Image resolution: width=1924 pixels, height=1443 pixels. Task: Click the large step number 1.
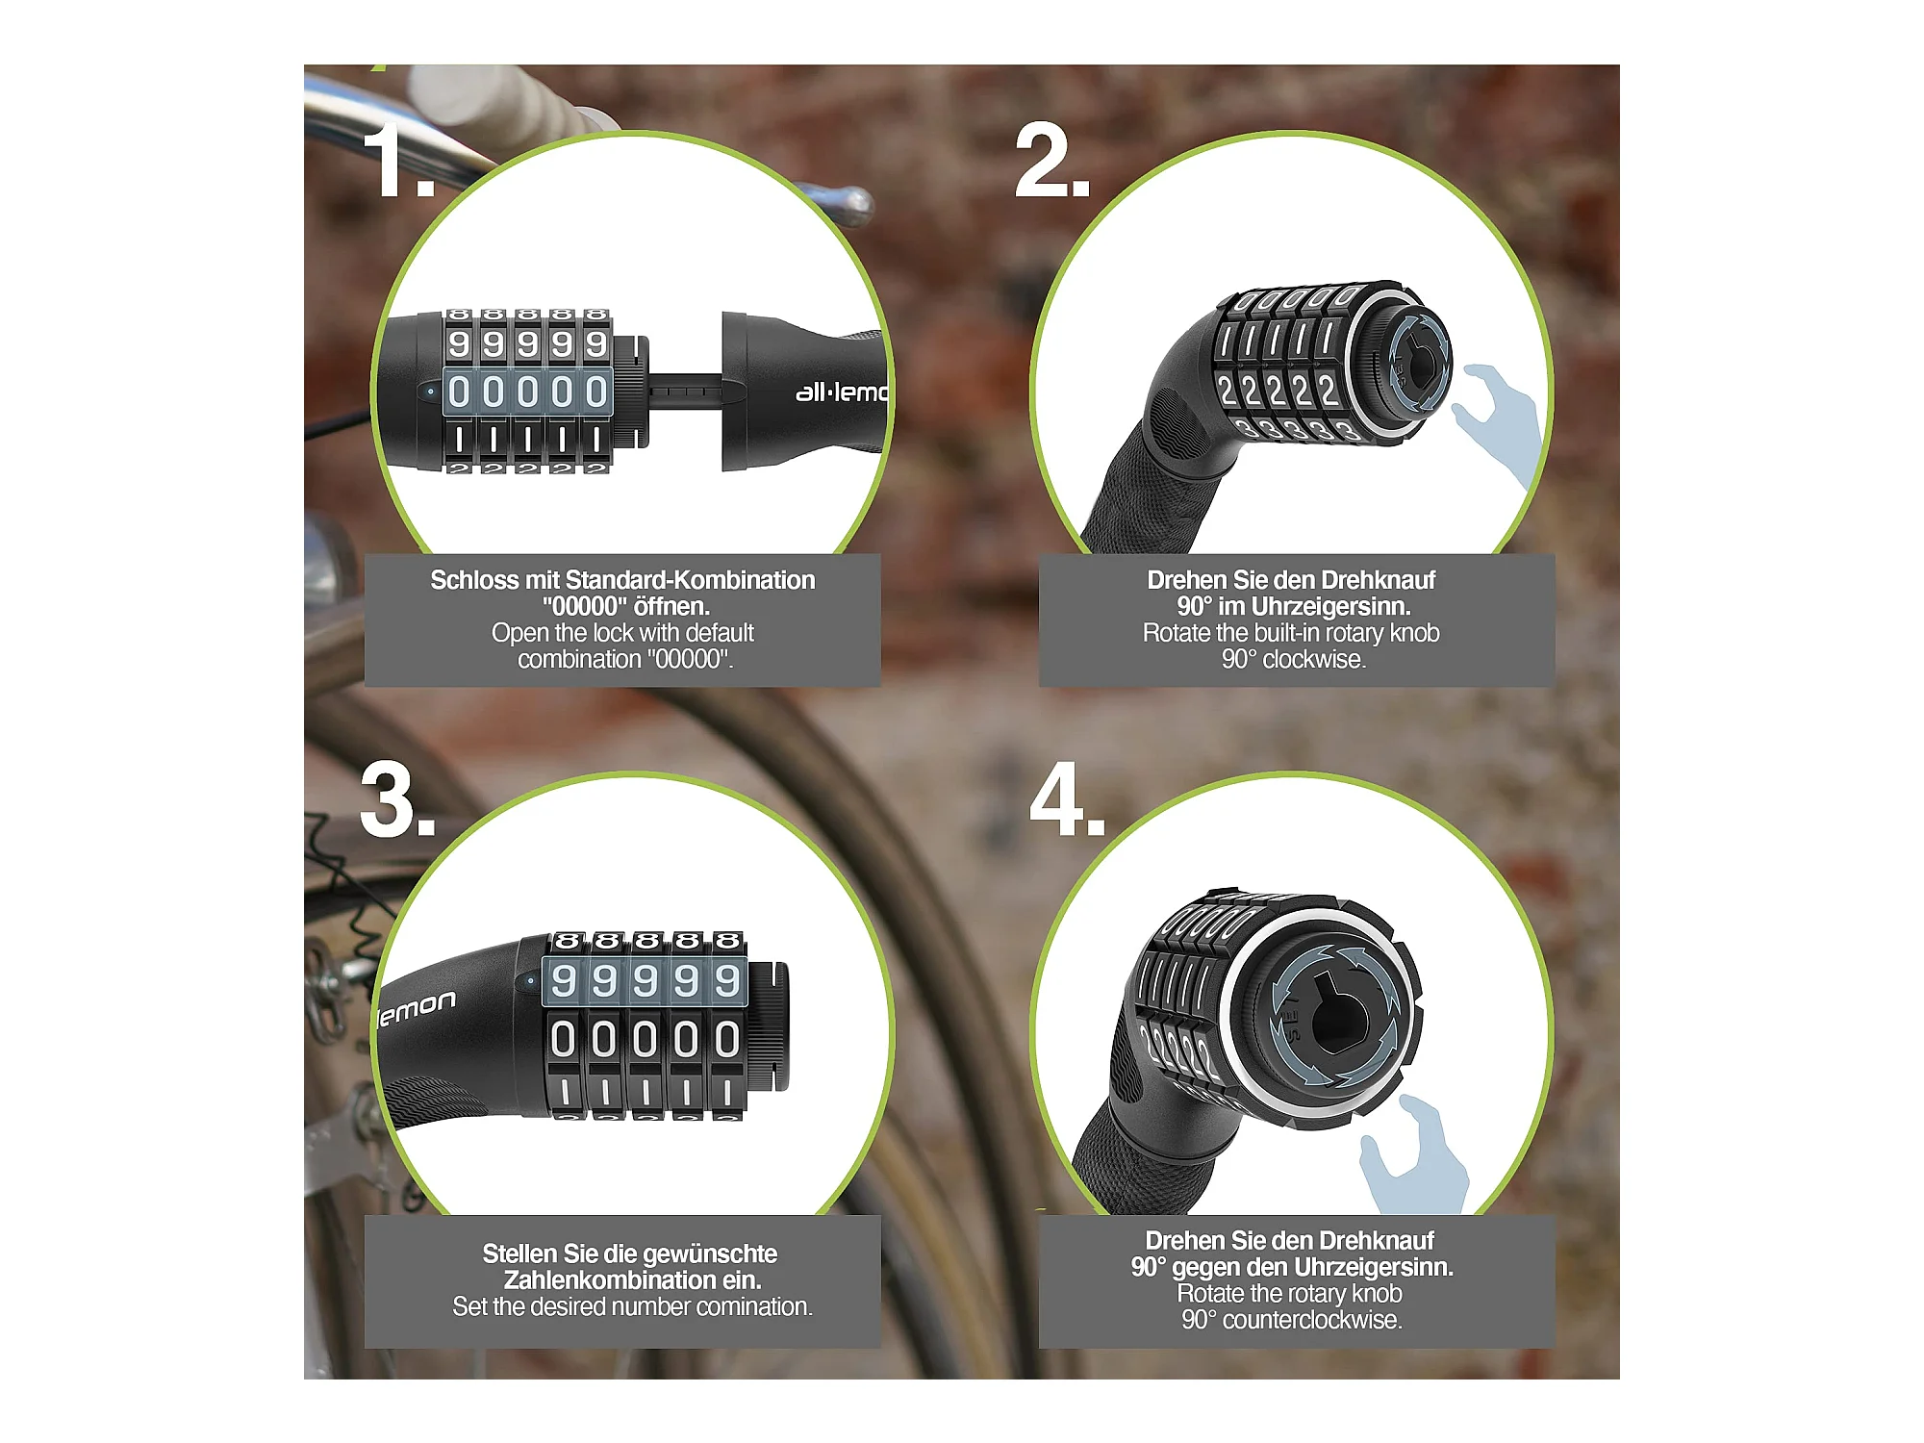click(x=398, y=162)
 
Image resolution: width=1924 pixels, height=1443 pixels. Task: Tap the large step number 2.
click(x=1052, y=162)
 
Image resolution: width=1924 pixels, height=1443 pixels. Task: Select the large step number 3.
click(x=397, y=800)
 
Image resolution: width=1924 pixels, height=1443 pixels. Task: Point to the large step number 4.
click(x=1067, y=798)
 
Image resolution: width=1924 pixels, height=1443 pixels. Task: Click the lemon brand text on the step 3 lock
click(x=417, y=1008)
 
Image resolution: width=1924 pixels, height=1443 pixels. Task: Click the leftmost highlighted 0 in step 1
click(x=459, y=392)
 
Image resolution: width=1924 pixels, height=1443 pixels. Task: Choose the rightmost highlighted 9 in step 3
click(x=727, y=980)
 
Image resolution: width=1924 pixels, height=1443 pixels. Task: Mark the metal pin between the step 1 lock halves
click(x=684, y=392)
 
